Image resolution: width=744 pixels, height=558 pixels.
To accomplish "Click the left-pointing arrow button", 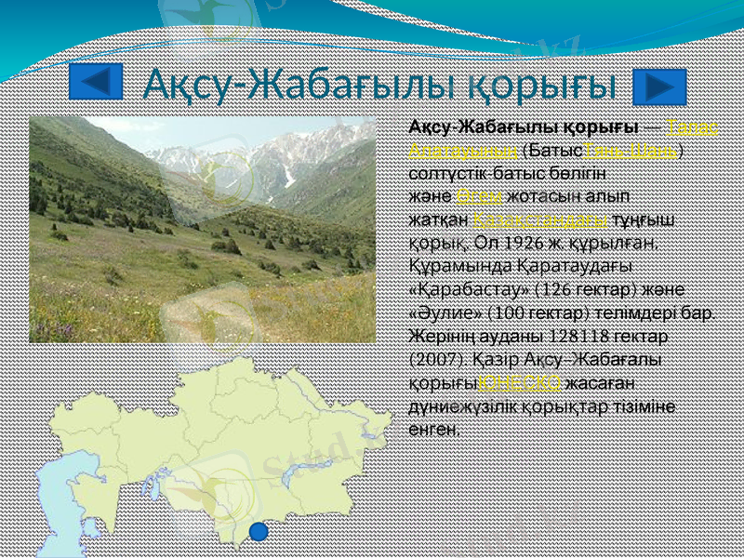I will tap(96, 84).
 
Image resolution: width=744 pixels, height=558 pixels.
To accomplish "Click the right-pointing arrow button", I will tap(658, 86).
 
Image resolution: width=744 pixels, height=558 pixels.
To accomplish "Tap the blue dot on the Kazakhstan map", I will tap(259, 531).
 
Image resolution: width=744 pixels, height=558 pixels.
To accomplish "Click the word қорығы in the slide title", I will tap(543, 86).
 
